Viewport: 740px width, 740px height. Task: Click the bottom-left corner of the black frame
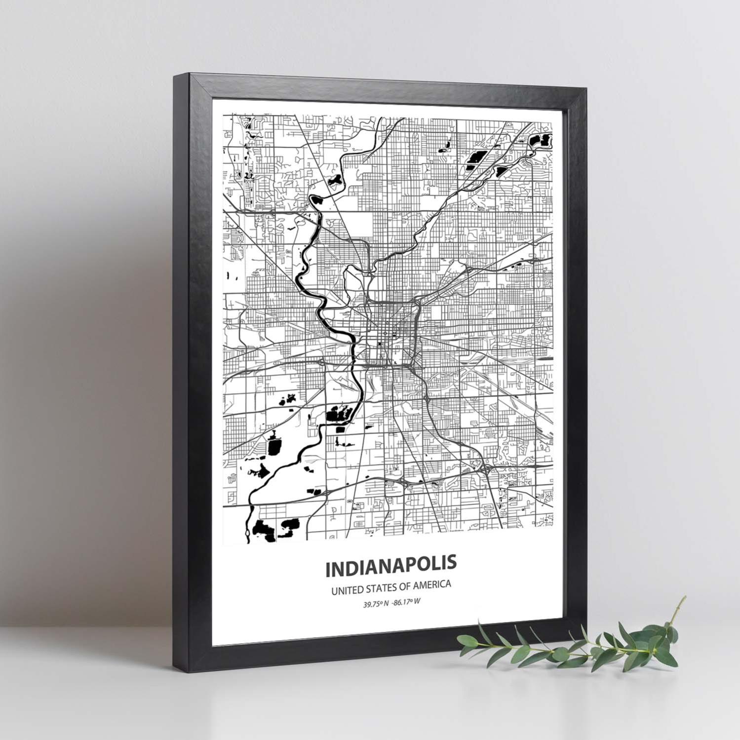point(174,662)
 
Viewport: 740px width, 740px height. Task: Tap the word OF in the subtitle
point(404,586)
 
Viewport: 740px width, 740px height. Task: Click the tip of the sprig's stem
point(684,597)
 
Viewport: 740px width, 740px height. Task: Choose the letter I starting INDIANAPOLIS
point(328,570)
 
